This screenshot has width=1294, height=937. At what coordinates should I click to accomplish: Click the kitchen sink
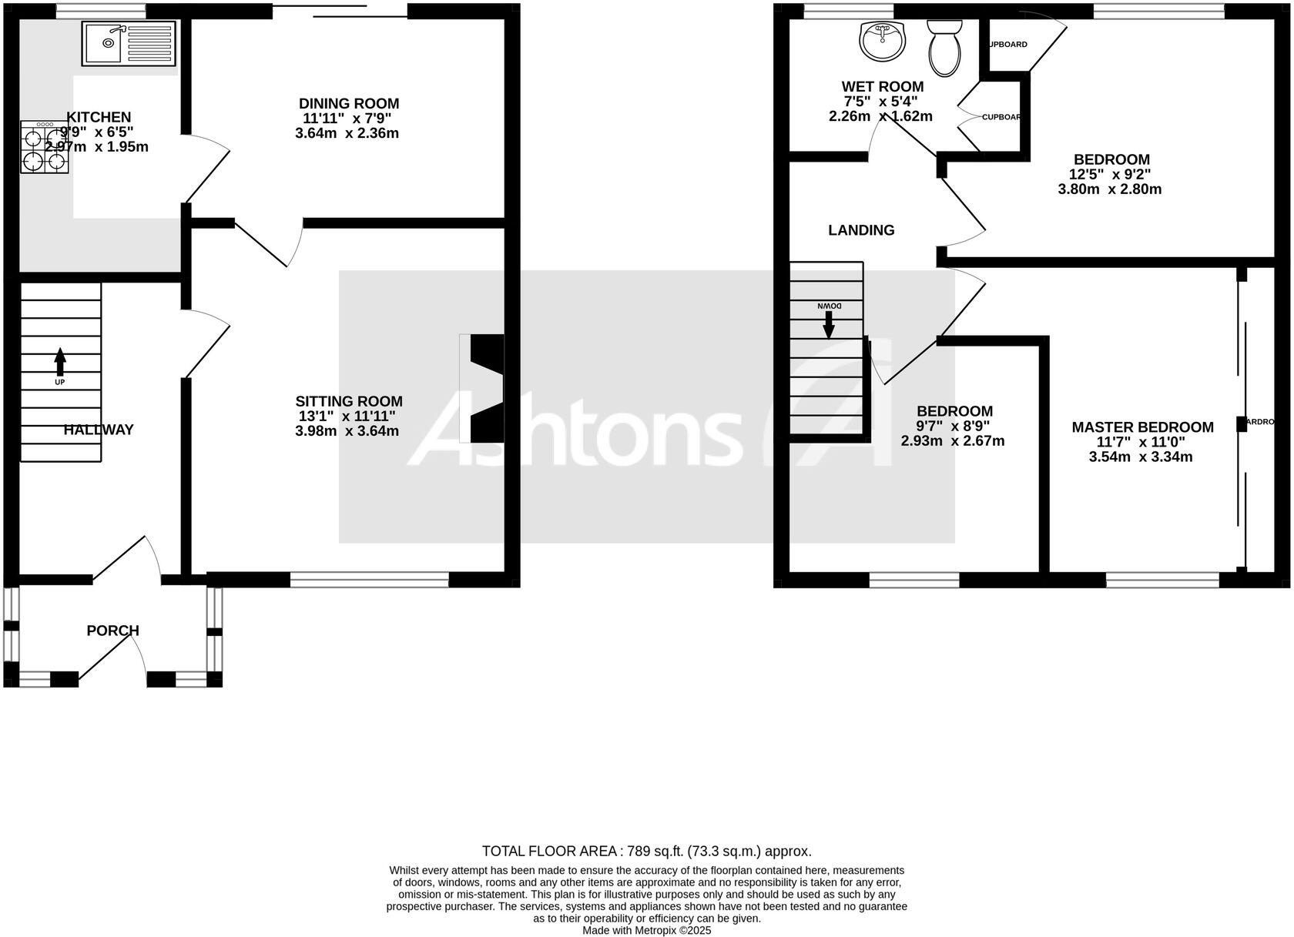pos(129,43)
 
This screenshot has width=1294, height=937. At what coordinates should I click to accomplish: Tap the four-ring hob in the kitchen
pos(45,147)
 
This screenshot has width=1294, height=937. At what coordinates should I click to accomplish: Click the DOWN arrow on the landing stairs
pos(829,321)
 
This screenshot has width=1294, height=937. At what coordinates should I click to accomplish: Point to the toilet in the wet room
pos(945,47)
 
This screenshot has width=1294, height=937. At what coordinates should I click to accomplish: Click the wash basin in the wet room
pos(882,41)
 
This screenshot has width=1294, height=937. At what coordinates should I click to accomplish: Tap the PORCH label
pos(112,631)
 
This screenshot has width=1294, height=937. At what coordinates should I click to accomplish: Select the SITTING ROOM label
pos(349,401)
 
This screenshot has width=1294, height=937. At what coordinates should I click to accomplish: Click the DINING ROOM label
pos(349,103)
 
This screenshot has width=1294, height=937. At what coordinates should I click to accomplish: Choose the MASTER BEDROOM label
pos(1142,427)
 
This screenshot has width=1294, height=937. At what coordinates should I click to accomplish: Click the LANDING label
pos(861,230)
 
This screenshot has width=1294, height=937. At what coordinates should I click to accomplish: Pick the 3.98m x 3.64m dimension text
pos(347,431)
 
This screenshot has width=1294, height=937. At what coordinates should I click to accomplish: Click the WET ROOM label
pos(882,86)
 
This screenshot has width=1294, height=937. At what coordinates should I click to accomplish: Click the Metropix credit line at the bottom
pos(647,930)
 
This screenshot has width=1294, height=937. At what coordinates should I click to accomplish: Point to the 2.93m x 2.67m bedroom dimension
pos(953,441)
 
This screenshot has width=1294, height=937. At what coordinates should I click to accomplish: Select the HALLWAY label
pos(99,430)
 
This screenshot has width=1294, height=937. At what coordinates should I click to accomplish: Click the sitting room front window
pos(369,579)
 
